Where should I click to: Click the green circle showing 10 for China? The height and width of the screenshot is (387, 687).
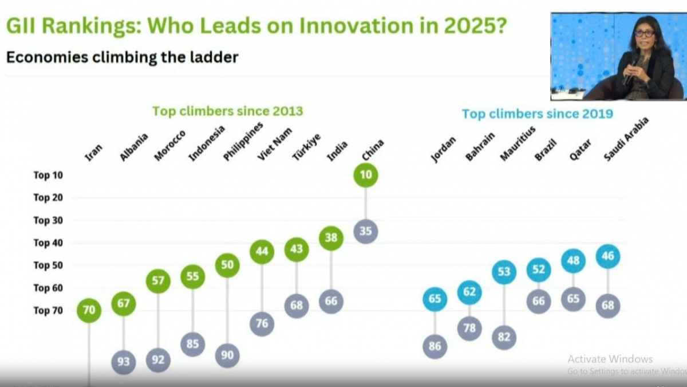coord(366,175)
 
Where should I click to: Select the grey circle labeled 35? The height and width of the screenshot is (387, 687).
coord(366,232)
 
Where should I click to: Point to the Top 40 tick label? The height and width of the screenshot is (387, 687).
coord(49,243)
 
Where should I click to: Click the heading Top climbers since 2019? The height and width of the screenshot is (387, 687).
coord(537,114)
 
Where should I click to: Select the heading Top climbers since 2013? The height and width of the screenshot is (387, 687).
coord(227,111)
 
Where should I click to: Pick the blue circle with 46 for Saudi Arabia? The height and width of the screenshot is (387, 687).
coord(607,256)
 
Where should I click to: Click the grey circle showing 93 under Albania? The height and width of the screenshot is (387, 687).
coord(124,362)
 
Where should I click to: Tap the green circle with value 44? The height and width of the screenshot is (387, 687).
coord(262,251)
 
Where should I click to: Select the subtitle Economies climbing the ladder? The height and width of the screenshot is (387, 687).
coord(122,57)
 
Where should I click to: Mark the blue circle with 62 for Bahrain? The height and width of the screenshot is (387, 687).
coord(469,292)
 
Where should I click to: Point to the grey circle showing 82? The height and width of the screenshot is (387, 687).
coord(504,338)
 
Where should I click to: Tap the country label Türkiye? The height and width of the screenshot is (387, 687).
coord(306,147)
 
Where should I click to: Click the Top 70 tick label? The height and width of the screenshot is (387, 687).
coord(49,310)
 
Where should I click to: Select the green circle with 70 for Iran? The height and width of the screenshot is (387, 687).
coord(89,311)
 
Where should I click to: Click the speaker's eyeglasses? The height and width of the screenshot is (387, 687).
coord(644,34)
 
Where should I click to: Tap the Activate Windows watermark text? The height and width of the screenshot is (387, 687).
coord(610,359)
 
